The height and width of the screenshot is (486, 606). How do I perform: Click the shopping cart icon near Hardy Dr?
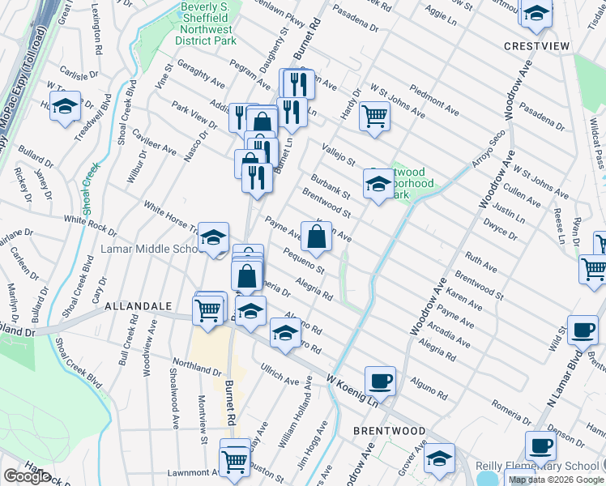click(x=374, y=115)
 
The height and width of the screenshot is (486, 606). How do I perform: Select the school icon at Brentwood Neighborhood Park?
click(x=378, y=184)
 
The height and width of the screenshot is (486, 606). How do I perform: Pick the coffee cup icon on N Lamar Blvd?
click(x=583, y=330)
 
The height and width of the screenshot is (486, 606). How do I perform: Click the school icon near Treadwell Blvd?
click(x=65, y=106)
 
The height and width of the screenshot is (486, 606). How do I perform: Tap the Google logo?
click(x=28, y=476)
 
